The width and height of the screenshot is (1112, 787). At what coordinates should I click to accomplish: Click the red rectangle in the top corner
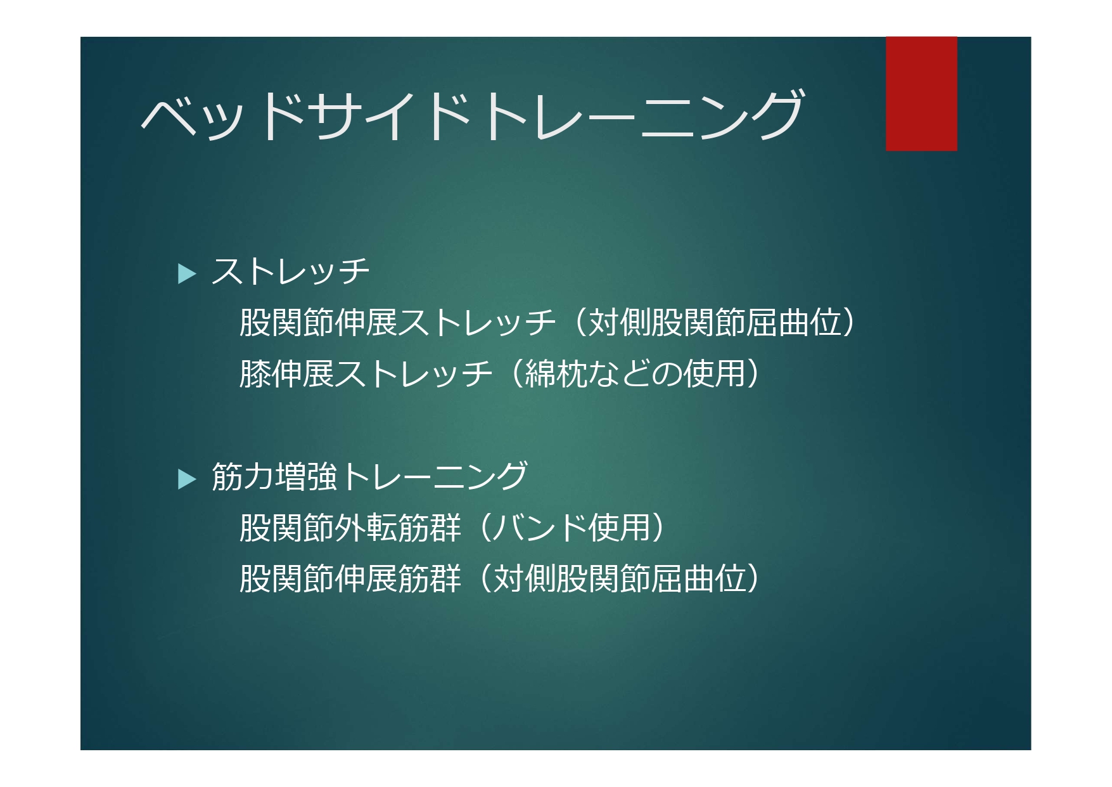921,94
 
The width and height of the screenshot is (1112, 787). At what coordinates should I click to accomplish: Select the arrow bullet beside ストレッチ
188,273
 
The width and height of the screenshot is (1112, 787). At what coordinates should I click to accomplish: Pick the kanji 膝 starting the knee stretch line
255,373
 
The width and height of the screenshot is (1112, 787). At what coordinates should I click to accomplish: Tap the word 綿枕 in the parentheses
556,373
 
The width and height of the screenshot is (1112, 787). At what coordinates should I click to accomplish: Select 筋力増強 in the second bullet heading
274,476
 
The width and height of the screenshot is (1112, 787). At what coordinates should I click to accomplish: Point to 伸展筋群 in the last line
397,579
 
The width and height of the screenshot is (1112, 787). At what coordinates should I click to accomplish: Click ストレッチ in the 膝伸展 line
414,373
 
